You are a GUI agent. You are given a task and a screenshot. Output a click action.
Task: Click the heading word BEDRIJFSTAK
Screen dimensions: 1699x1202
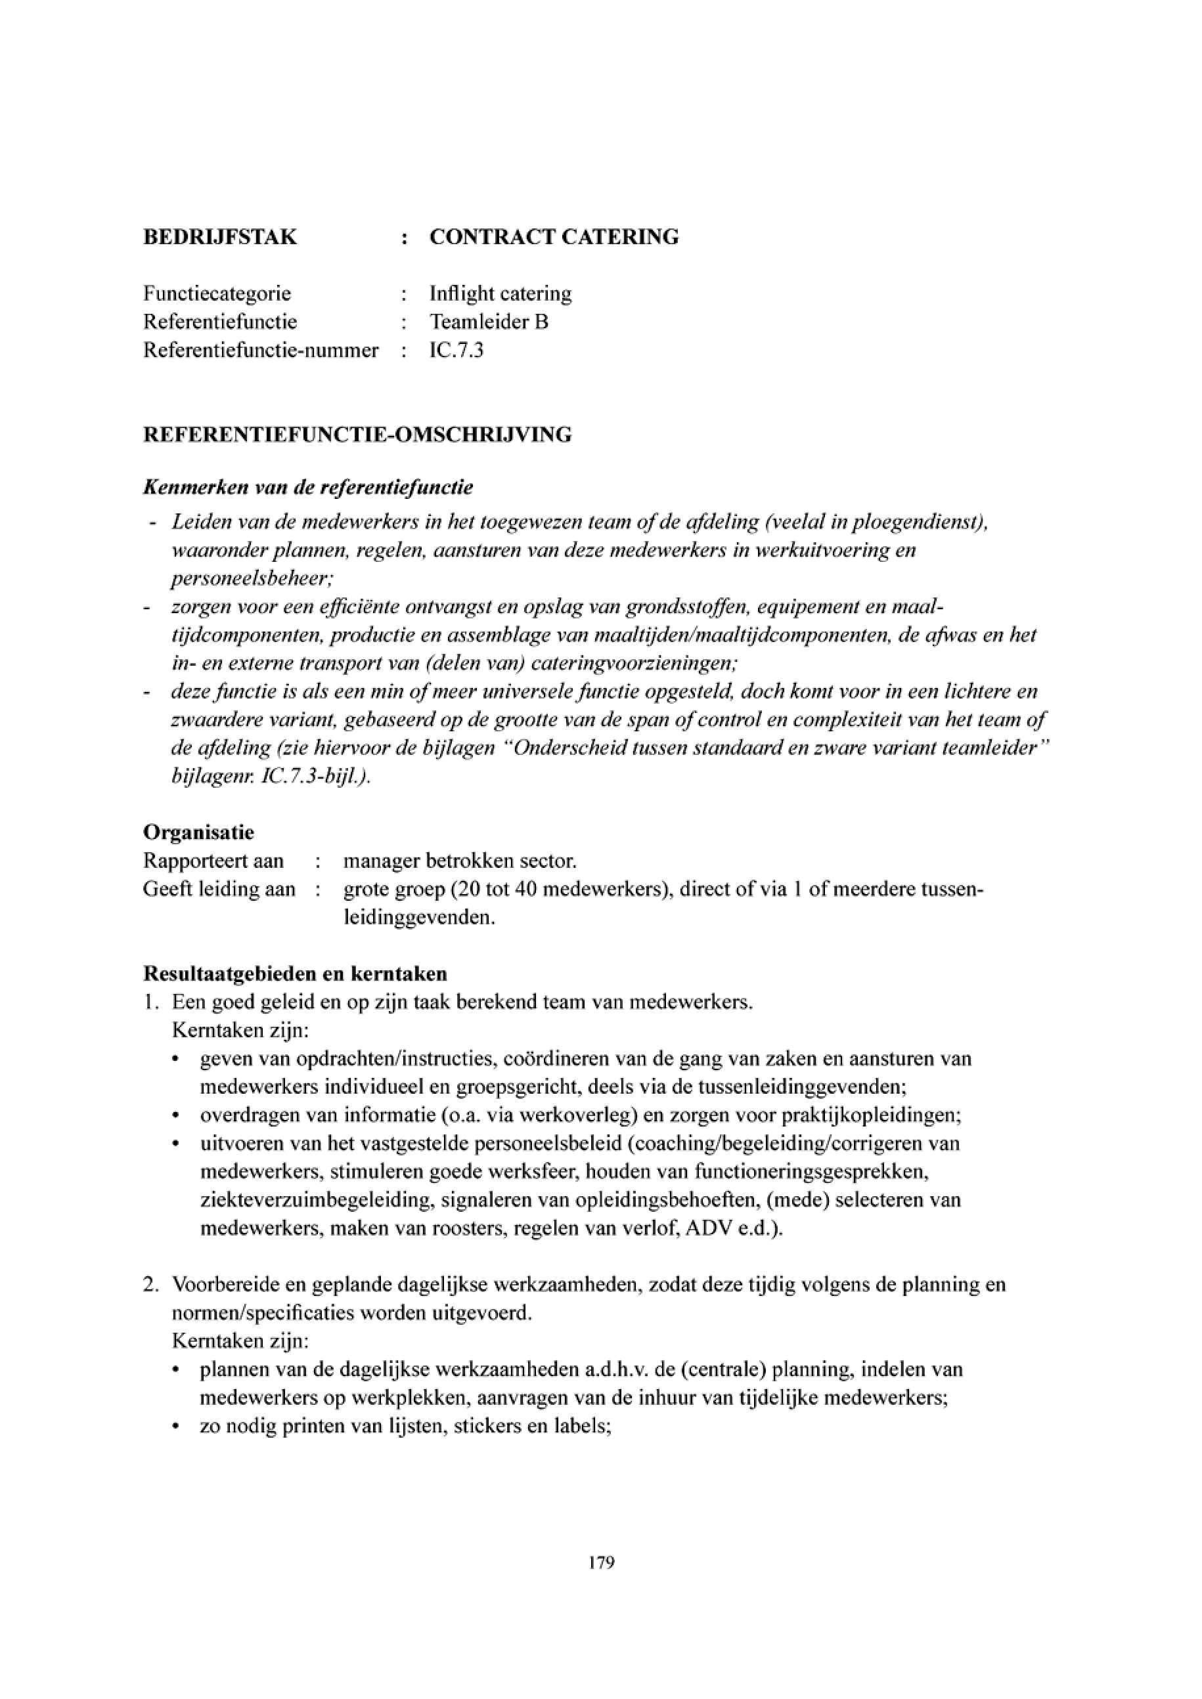click(x=220, y=238)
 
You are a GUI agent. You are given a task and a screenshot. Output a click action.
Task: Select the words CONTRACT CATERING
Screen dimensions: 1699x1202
click(x=554, y=238)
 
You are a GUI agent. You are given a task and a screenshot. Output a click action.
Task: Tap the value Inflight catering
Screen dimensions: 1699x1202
click(x=501, y=293)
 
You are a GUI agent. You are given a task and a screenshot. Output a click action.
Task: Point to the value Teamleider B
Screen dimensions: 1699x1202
click(x=489, y=322)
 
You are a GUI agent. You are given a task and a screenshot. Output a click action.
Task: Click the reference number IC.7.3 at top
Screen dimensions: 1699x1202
click(x=456, y=350)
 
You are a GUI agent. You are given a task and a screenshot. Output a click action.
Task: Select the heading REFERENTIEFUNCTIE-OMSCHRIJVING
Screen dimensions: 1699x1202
click(x=357, y=435)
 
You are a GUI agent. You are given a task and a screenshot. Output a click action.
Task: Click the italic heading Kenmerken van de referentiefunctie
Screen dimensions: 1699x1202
click(x=308, y=488)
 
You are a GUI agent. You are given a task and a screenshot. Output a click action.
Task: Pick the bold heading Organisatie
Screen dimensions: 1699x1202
click(x=198, y=832)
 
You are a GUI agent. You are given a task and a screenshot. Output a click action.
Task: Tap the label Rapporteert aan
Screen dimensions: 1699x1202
click(x=213, y=861)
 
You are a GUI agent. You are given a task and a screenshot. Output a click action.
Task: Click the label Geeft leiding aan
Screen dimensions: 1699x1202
click(x=219, y=890)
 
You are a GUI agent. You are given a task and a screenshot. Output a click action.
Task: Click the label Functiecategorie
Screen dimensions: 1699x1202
click(x=217, y=293)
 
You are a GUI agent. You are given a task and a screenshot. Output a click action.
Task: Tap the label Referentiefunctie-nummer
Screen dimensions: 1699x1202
click(x=261, y=350)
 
